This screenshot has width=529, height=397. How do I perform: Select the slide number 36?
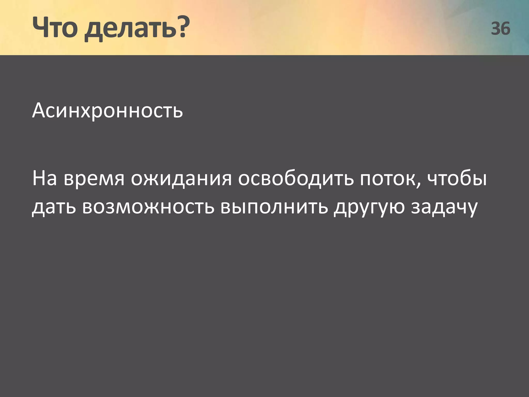pos(500,28)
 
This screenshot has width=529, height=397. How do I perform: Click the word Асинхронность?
pos(107,111)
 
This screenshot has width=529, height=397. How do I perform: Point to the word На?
pos(44,178)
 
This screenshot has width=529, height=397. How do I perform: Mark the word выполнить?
pos(274,207)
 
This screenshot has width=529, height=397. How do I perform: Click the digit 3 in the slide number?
pos(496,28)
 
